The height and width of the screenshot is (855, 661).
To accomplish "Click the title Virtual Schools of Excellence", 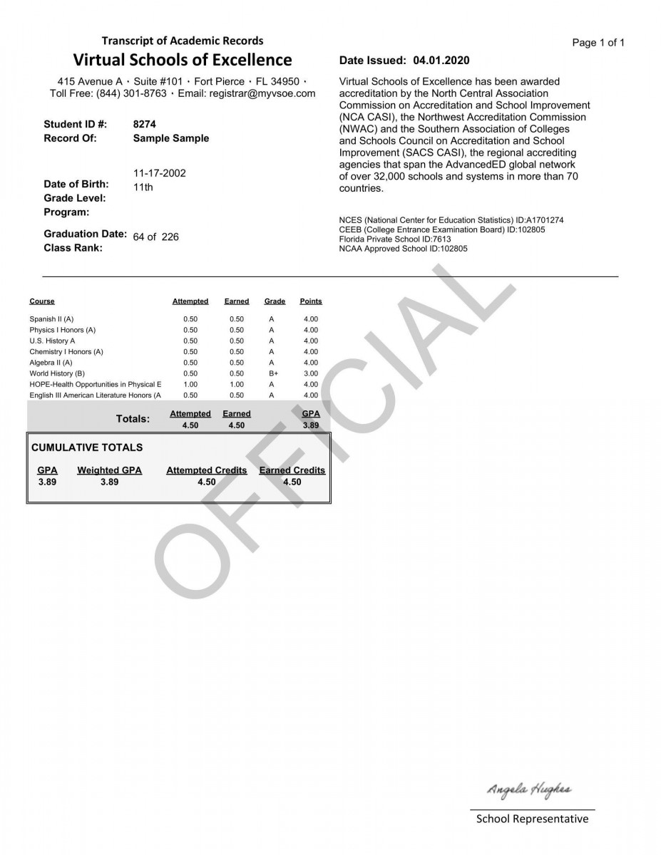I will tap(183, 60).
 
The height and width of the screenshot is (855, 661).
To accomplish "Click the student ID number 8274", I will tap(144, 124).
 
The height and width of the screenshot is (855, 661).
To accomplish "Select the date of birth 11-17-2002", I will tap(160, 173).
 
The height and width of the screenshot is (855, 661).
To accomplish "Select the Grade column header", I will tap(275, 301).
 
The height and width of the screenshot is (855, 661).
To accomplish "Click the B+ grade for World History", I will tap(273, 373).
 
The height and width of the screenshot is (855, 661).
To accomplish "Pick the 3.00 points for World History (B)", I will tap(311, 373).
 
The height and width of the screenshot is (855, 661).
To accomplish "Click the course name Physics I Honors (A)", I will tap(63, 330).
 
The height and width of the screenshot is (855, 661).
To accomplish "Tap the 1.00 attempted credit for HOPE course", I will tap(190, 384).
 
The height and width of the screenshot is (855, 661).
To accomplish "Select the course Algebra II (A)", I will tap(51, 363).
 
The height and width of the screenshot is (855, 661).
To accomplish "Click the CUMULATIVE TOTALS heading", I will tap(87, 447).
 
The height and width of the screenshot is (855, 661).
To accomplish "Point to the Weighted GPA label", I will tap(109, 470).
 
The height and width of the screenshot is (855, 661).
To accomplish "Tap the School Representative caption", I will tap(533, 819).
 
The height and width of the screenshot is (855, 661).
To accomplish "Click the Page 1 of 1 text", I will tap(598, 43).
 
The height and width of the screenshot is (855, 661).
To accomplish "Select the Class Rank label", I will tap(73, 248).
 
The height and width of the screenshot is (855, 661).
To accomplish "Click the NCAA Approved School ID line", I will tap(404, 249).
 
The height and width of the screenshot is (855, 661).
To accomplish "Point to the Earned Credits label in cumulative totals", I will tap(292, 470).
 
